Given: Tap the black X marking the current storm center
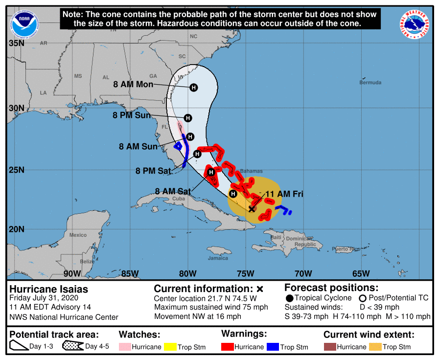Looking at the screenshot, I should click(x=252, y=209).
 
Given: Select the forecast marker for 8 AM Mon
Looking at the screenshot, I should click(x=194, y=88).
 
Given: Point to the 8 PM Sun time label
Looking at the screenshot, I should click(x=132, y=115).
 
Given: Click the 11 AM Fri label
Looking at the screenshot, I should click(x=284, y=194).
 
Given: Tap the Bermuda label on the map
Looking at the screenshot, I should click(x=370, y=83).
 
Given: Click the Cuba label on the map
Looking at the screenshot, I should click(x=178, y=199).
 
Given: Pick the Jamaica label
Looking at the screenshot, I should click(x=218, y=258).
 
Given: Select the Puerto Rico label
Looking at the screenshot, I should click(x=347, y=249).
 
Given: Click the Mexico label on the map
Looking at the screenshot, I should click(x=78, y=235).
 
